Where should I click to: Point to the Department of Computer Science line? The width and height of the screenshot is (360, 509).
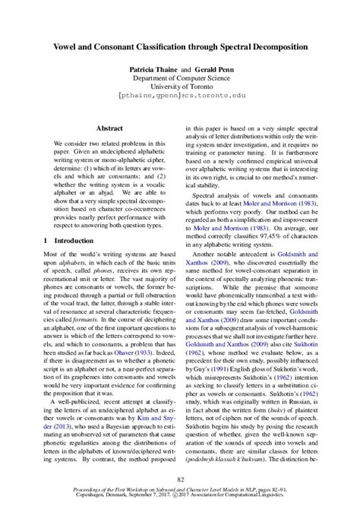pyautogui.click(x=180, y=78)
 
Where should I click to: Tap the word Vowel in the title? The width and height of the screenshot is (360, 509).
pyautogui.click(x=67, y=46)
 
